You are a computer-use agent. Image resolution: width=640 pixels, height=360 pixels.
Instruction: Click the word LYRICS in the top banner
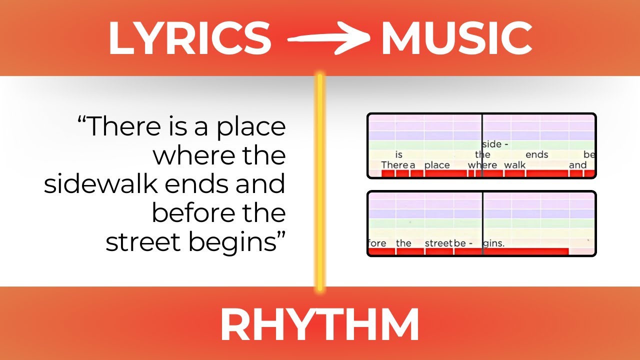click(189, 39)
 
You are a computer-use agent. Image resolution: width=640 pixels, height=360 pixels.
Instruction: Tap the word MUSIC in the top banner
click(456, 39)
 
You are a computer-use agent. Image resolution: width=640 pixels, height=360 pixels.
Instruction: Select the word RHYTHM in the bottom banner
click(319, 325)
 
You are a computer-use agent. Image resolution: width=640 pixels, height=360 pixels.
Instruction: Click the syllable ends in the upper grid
click(537, 155)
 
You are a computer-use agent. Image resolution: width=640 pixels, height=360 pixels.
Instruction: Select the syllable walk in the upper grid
click(514, 165)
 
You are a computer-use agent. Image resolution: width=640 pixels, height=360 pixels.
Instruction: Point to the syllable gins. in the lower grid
click(493, 243)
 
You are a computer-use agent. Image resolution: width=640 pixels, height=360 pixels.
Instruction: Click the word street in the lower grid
click(438, 243)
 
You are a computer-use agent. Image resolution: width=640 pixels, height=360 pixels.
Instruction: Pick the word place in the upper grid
click(437, 165)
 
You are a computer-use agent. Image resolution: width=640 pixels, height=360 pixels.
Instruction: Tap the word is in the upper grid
click(398, 155)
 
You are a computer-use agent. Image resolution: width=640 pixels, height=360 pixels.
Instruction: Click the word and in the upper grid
click(577, 165)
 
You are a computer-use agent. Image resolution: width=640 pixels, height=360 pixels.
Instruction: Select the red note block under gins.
click(525, 252)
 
